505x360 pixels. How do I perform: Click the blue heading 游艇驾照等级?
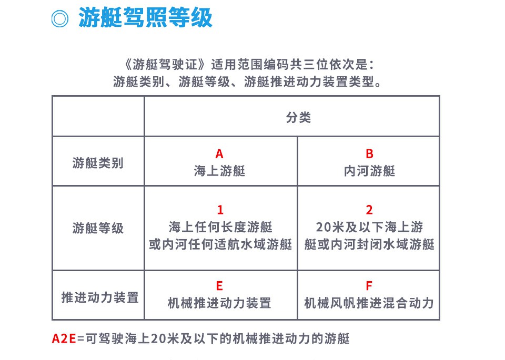coord(145,17)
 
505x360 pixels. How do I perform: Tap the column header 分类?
coord(299,117)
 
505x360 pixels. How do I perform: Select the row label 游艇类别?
coord(98,163)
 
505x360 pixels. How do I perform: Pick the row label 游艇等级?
coord(98,228)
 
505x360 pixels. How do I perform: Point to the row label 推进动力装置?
coord(100,297)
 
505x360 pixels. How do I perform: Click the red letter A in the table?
coord(219,154)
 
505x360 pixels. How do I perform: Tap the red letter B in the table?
coord(369,154)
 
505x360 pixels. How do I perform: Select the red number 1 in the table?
coord(220,210)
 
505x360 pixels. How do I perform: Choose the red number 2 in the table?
coord(369,210)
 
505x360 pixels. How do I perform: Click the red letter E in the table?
coord(219,286)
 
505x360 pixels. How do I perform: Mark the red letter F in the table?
coord(369,286)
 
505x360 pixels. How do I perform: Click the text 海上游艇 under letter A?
coord(219,171)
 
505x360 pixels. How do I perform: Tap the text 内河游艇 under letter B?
coord(369,171)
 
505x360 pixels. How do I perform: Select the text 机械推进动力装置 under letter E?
coord(219,303)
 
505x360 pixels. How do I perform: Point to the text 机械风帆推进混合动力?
coord(369,303)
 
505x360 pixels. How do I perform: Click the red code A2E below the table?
coord(64,338)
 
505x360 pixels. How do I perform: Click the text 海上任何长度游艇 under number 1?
coord(220,227)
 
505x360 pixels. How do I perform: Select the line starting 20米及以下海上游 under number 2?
coord(369,227)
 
